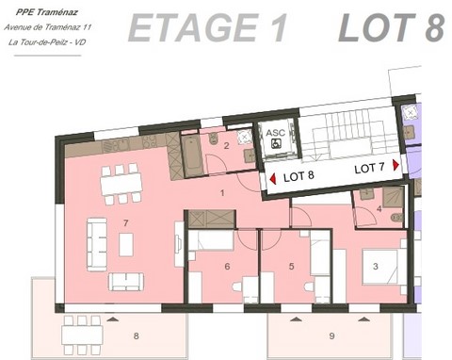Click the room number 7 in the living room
click(125, 222)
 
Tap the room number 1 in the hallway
click(222, 192)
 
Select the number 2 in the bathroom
click(226, 145)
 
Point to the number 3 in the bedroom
click(375, 268)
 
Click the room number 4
click(292, 267)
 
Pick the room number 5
click(227, 267)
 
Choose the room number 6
click(136, 335)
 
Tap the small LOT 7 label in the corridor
click(369, 168)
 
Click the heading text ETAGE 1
click(207, 29)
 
